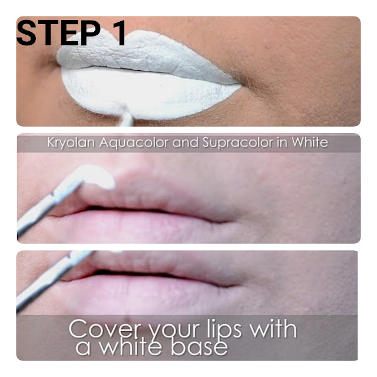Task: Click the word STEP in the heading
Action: point(58,33)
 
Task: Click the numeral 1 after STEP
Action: point(118,33)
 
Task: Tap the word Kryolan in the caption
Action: point(71,143)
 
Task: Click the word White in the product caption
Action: point(310,142)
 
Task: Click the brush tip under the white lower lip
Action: point(125,114)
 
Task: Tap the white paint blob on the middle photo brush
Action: point(95,176)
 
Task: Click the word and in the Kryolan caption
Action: point(186,142)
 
